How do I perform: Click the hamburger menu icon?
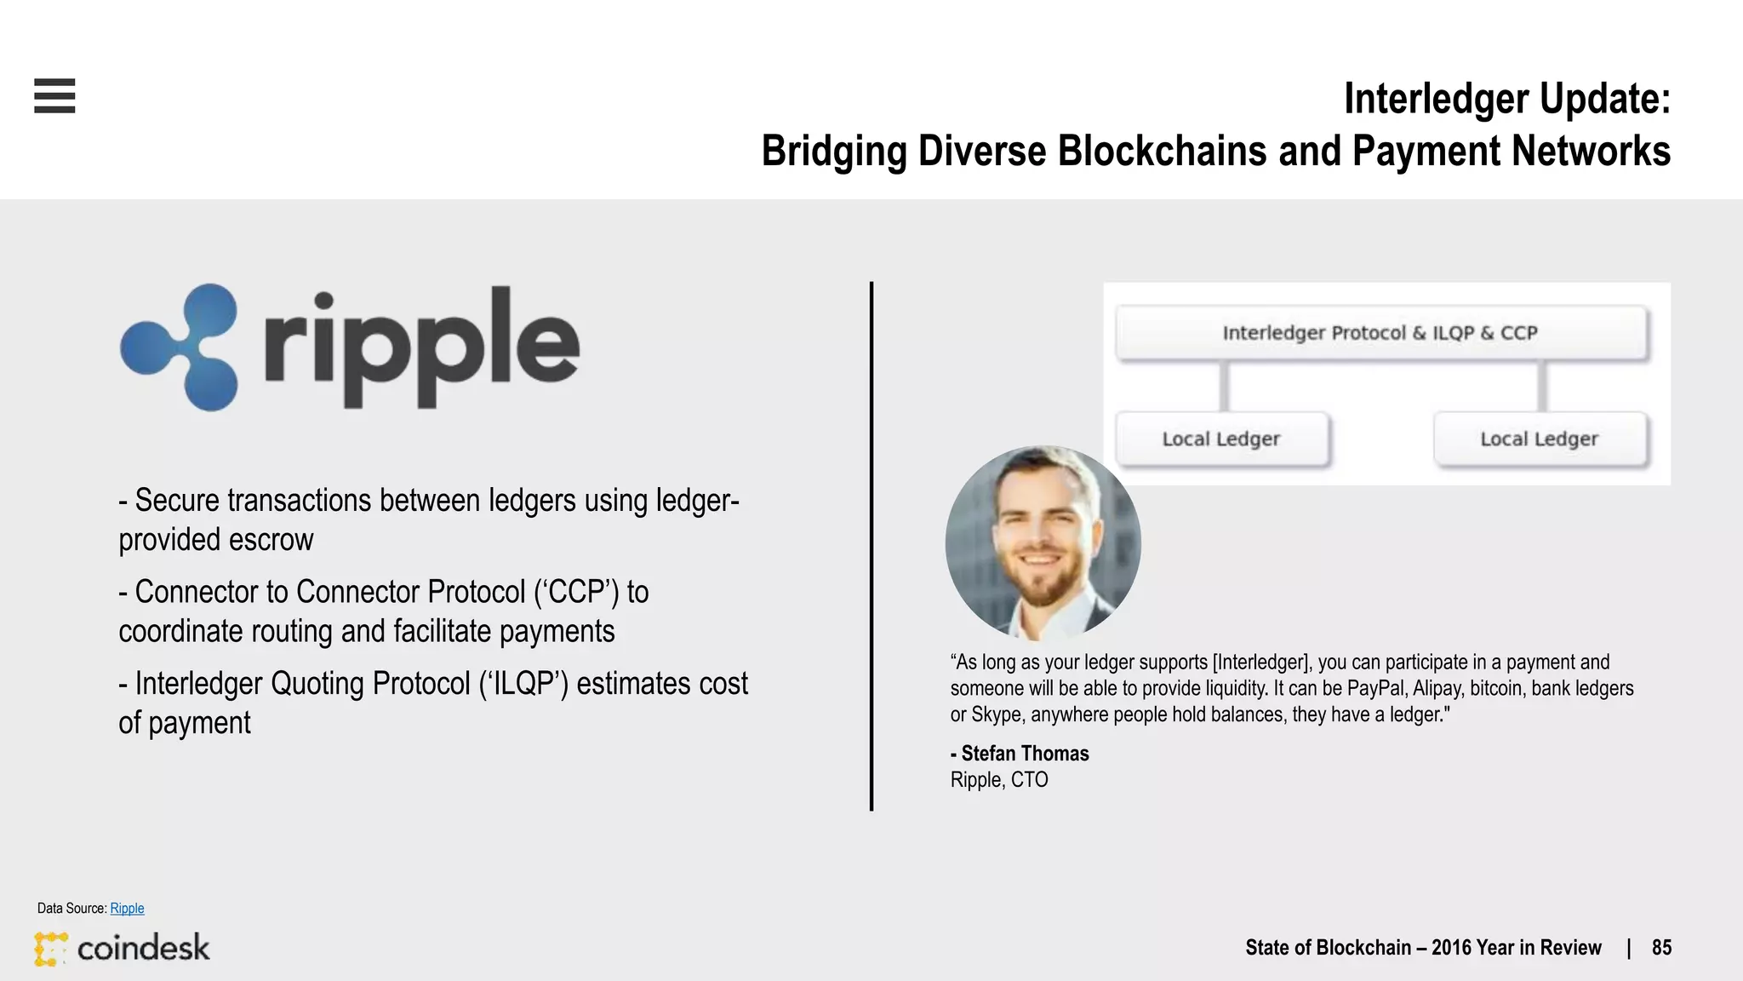click(54, 95)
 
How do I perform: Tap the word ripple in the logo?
click(422, 347)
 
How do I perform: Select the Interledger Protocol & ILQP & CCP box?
click(1380, 333)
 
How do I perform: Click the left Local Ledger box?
click(1221, 439)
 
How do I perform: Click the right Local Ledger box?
click(1540, 439)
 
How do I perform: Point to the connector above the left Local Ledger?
click(1224, 387)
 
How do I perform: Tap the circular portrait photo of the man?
click(1043, 543)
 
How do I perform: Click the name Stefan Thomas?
click(1025, 754)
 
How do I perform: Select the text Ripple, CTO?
click(999, 780)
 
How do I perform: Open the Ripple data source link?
click(127, 909)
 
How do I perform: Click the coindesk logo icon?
click(51, 949)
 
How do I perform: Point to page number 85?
click(1661, 948)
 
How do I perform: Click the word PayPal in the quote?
click(1375, 688)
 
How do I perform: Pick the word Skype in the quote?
click(996, 714)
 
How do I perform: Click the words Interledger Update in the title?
click(1506, 99)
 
